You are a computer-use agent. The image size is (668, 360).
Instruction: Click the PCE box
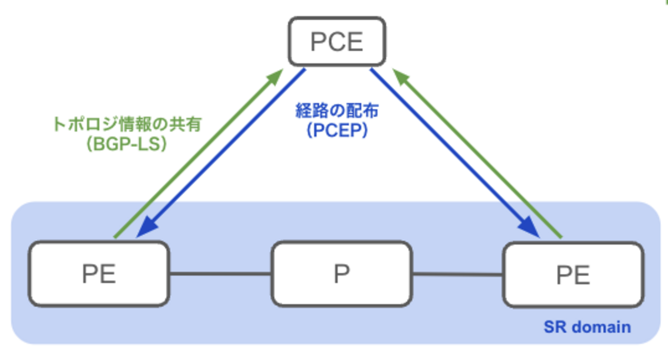[x=337, y=42]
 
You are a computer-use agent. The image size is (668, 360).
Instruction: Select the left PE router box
[x=99, y=274]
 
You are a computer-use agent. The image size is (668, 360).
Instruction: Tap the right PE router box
[x=572, y=275]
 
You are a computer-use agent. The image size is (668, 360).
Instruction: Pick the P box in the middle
[x=342, y=274]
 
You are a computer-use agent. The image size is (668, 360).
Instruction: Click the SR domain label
[x=587, y=327]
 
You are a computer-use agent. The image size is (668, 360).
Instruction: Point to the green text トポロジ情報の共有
[x=126, y=125]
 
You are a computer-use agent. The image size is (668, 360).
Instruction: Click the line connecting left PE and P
[x=220, y=274]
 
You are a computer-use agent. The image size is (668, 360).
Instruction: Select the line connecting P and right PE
[x=457, y=274]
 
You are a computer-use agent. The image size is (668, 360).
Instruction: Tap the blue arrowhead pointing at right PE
[x=531, y=230]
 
